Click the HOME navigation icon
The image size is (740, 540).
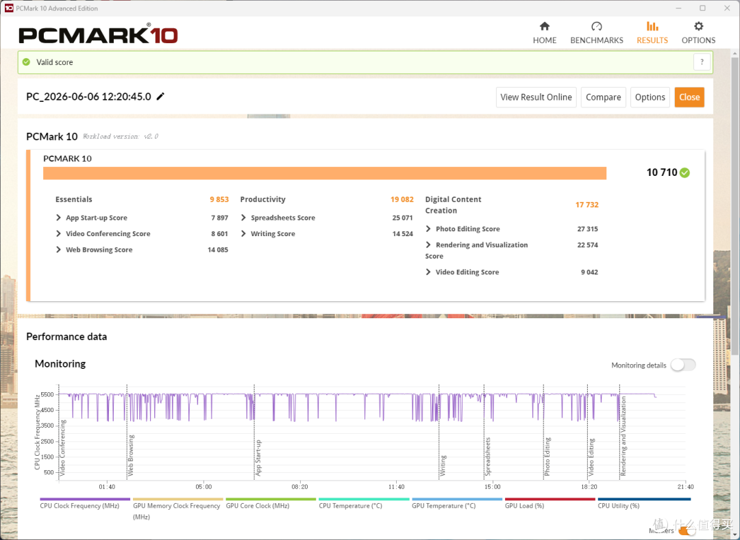coord(545,27)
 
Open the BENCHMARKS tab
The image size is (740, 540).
coord(597,33)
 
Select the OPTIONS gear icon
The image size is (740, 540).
coord(698,27)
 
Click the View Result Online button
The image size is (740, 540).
coord(536,97)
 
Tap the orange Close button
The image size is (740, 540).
coord(689,97)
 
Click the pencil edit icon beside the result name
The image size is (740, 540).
coord(160,97)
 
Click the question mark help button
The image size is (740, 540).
coord(702,62)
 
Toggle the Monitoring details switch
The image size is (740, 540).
coord(683,365)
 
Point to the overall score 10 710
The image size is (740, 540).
coord(662,172)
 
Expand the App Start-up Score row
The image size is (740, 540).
coord(58,218)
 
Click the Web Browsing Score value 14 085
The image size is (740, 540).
coord(218,250)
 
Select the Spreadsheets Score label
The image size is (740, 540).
coord(283,218)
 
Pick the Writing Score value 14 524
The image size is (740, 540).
coord(403,233)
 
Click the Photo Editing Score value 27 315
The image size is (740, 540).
coord(588,229)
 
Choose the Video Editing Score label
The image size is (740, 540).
coord(467,272)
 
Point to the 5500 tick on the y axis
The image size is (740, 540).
coord(47,394)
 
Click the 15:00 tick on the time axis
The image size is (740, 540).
coord(492,487)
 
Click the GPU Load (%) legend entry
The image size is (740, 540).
coord(524,506)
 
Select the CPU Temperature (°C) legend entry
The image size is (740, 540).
coord(350,506)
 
